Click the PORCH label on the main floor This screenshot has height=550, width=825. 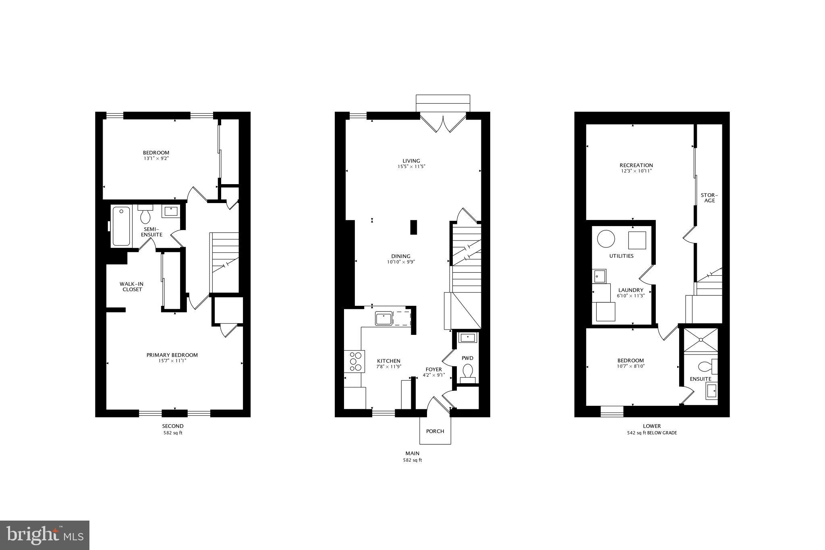click(435, 431)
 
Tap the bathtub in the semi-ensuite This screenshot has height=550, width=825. click(121, 226)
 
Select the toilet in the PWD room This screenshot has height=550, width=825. click(468, 371)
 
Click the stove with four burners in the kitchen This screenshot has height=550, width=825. click(355, 361)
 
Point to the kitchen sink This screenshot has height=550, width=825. click(384, 318)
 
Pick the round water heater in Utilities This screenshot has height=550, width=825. click(606, 239)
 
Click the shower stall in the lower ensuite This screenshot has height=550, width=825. click(701, 340)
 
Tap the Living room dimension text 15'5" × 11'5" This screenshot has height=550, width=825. click(411, 166)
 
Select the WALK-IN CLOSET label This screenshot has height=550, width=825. click(131, 286)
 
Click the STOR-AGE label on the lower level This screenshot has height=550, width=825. click(709, 198)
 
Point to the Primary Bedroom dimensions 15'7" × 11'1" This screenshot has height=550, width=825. click(172, 361)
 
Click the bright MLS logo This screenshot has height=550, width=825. click(45, 535)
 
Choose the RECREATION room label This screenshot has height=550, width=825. click(636, 165)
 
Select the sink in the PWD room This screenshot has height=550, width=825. click(467, 337)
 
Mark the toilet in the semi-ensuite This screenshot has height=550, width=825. click(145, 215)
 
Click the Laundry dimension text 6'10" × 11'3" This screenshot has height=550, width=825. click(631, 296)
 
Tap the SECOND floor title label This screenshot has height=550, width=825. click(173, 426)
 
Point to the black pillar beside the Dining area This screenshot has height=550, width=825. click(413, 227)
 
